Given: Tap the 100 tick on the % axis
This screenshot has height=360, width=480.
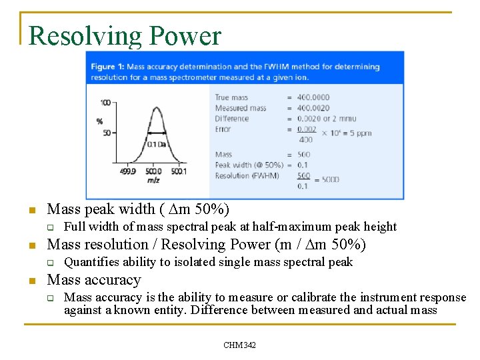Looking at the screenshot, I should [105, 103].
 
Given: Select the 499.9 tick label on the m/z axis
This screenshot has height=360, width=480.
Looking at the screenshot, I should [127, 171].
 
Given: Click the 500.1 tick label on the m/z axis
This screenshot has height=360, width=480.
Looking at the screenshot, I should [178, 171].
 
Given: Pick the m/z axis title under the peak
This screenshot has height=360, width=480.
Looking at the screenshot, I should [153, 180].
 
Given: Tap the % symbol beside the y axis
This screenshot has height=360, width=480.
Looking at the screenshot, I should [99, 121].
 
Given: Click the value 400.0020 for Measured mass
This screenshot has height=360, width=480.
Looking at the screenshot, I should [313, 108].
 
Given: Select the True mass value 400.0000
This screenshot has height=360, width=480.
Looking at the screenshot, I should [313, 97].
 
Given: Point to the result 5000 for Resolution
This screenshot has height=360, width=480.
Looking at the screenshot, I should [329, 179].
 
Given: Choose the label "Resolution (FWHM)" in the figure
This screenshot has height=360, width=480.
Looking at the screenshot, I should [247, 176].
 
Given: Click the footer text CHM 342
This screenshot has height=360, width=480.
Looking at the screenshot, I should [240, 345].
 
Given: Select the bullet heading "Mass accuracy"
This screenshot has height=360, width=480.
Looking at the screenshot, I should [94, 280].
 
